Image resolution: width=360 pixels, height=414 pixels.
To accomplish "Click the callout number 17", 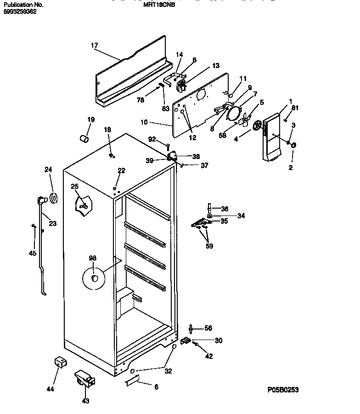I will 94,45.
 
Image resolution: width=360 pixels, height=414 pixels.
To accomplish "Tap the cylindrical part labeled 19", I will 84,138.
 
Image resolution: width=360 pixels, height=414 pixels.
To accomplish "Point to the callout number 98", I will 92,259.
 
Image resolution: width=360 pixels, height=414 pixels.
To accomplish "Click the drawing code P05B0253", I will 283,390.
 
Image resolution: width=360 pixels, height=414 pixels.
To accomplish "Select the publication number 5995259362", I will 20,11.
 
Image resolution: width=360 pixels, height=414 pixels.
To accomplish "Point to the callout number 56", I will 208,328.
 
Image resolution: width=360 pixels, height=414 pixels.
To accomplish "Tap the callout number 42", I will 209,356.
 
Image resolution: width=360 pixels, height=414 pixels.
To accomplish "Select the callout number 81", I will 295,108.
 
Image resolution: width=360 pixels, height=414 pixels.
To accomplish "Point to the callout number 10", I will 144,122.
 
